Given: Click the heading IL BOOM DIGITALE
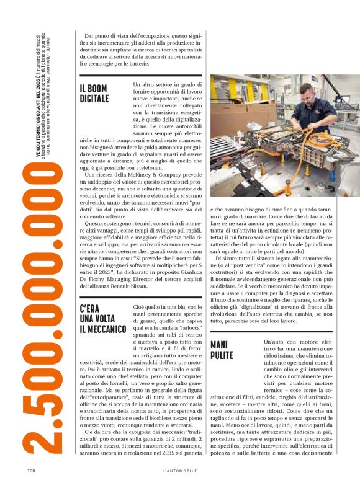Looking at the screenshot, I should pyautogui.click(x=94, y=94).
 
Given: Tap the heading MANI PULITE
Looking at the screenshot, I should pyautogui.click(x=222, y=350).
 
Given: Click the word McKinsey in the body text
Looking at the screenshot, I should pyautogui.click(x=143, y=175).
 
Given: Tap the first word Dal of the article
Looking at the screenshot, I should pyautogui.click(x=90, y=38).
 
